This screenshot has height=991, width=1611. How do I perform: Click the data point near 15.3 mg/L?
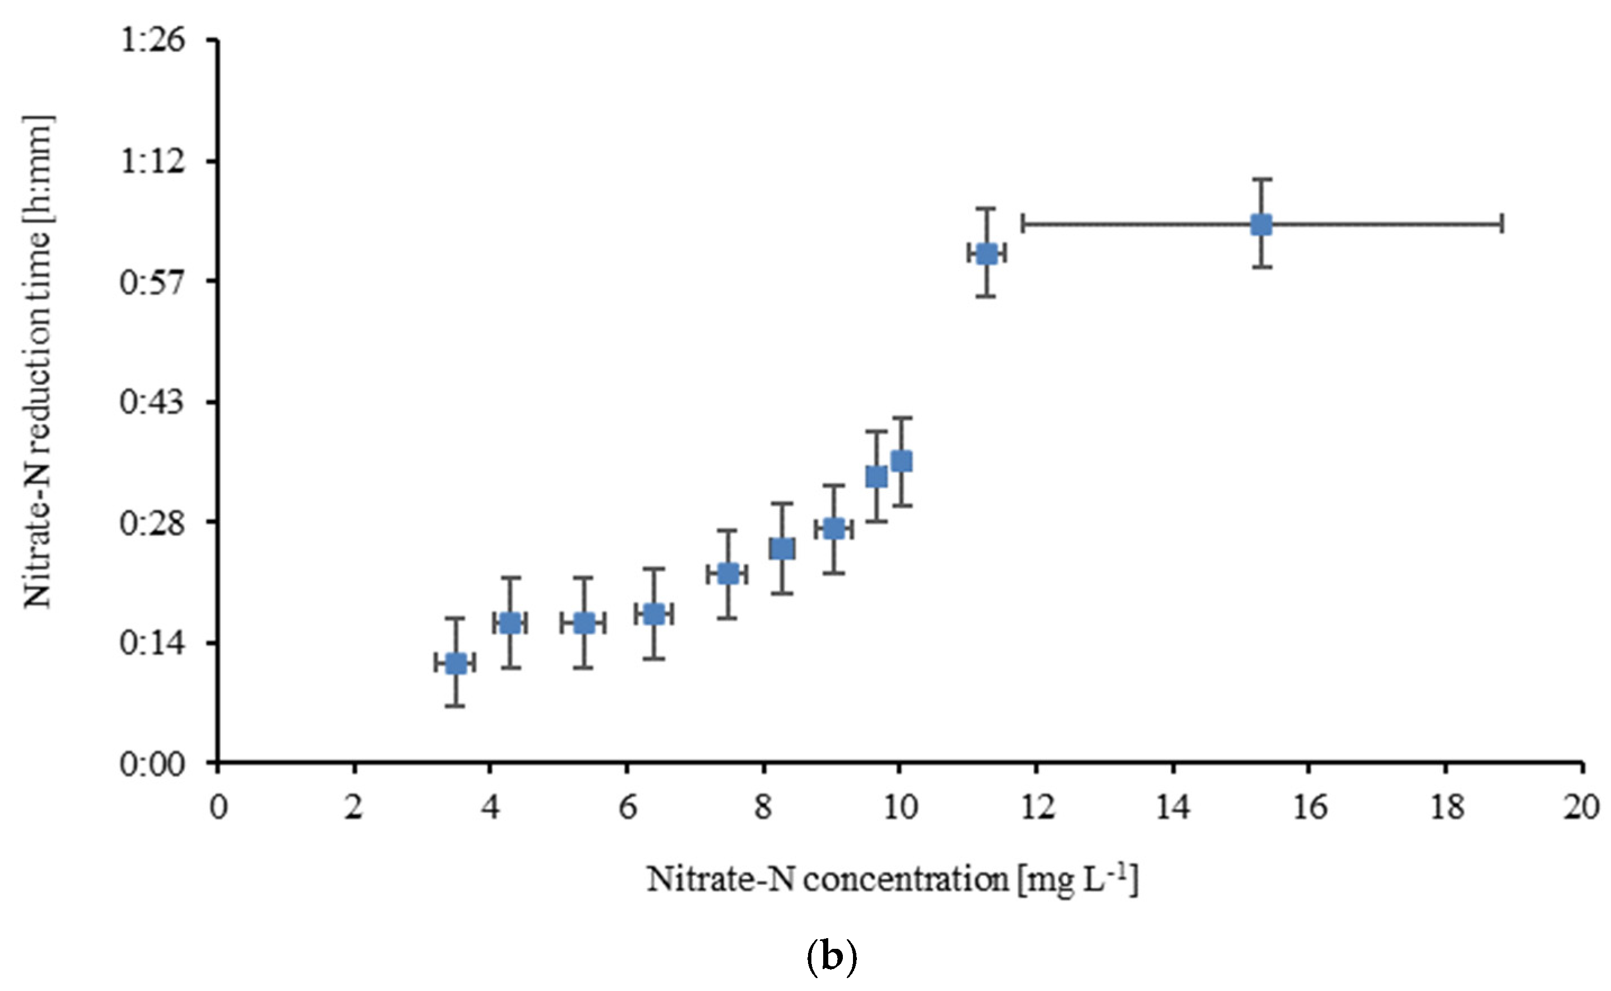pyautogui.click(x=1261, y=224)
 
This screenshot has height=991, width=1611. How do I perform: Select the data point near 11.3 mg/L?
pyautogui.click(x=987, y=254)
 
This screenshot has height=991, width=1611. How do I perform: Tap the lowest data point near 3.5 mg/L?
pyautogui.click(x=455, y=663)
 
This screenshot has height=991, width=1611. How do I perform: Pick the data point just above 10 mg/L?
pyautogui.click(x=902, y=461)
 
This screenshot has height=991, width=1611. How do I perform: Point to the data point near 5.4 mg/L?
pyautogui.click(x=584, y=623)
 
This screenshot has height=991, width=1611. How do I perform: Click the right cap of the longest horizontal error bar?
pyautogui.click(x=1501, y=224)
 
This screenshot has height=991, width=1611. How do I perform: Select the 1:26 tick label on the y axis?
pyautogui.click(x=143, y=40)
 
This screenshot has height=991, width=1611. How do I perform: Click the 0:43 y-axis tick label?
pyautogui.click(x=143, y=402)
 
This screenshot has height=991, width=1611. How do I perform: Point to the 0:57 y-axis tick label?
pyautogui.click(x=143, y=282)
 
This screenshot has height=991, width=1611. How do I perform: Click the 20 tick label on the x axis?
pyautogui.click(x=1580, y=808)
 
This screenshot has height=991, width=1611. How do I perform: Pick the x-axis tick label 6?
pyautogui.click(x=627, y=808)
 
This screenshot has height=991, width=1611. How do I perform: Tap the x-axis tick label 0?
pyautogui.click(x=218, y=808)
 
